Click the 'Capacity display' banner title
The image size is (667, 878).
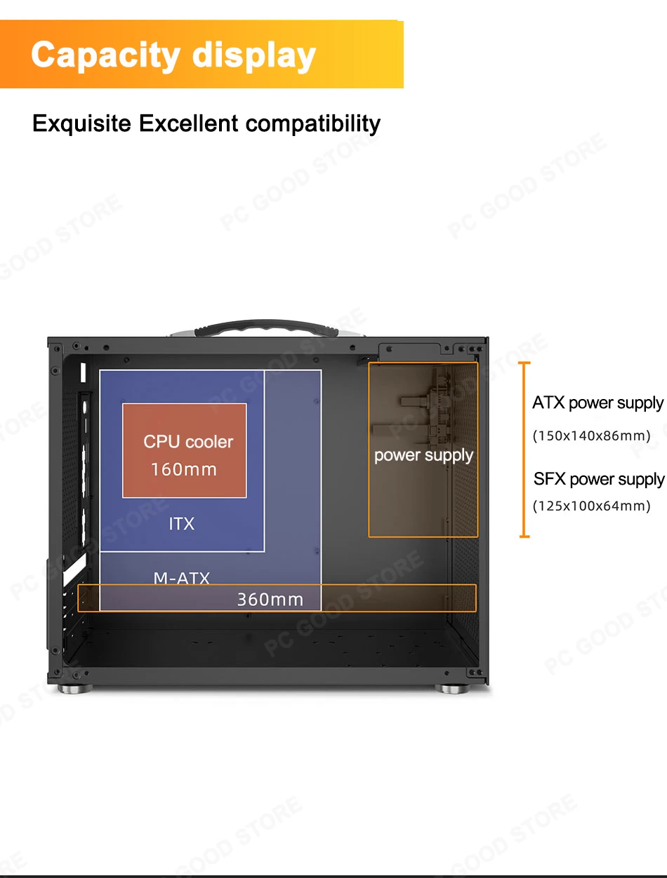point(173,55)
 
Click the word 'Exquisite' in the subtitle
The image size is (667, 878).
point(81,123)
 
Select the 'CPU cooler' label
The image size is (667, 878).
point(188,442)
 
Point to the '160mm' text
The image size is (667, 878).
point(184,469)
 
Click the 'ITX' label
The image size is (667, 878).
point(181,523)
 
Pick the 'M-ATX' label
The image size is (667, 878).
point(182,579)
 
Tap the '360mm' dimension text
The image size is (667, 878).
point(270,600)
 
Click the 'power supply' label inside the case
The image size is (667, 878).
point(423,455)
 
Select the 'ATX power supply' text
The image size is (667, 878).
point(597,403)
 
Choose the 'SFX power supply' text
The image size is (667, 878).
point(598,480)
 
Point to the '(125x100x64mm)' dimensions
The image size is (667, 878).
point(592,506)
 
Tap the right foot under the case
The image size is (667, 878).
point(453,689)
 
